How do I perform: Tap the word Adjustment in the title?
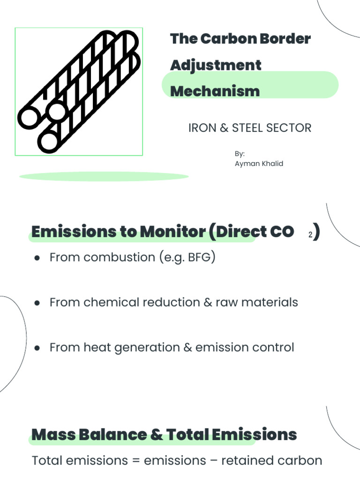(x=216, y=65)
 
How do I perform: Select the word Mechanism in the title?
(x=215, y=91)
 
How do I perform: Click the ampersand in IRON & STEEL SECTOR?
(x=223, y=128)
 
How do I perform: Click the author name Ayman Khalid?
(x=259, y=164)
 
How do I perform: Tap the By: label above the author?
(x=240, y=154)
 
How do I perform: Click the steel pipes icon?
(x=79, y=91)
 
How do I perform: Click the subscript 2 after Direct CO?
(x=310, y=235)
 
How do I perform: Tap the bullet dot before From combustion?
(x=37, y=258)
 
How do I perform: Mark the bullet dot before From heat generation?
(x=37, y=348)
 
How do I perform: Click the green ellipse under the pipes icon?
(x=104, y=177)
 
